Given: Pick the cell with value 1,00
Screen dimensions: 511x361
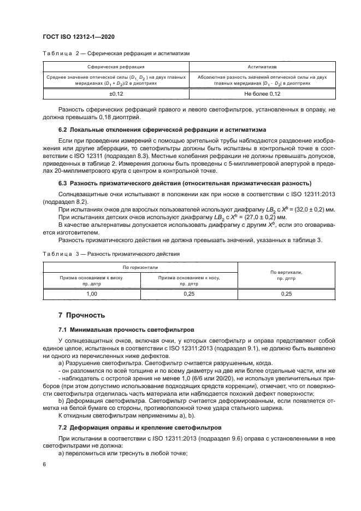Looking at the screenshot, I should [92, 293].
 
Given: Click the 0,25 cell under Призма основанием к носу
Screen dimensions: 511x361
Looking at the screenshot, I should [189, 293].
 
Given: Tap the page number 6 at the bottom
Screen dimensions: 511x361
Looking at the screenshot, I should [44, 463].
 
